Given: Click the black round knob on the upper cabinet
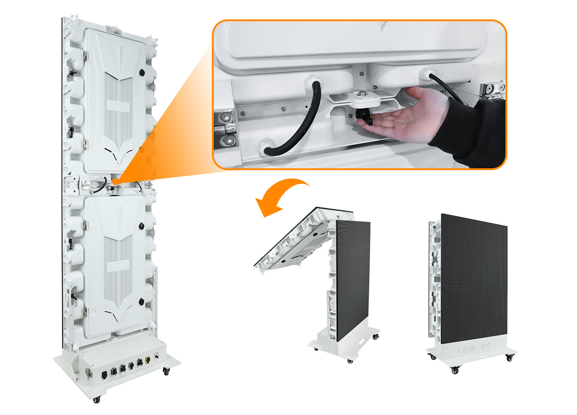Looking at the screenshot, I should (x=142, y=72).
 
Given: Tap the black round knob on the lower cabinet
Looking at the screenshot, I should (x=141, y=302).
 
